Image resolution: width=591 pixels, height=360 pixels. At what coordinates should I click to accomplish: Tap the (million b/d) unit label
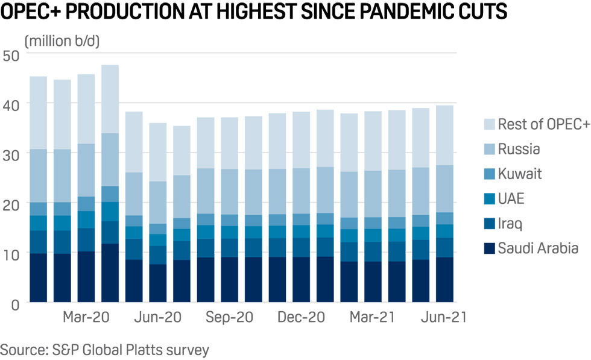point(62,42)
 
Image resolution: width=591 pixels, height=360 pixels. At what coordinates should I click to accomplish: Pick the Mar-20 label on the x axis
point(86,317)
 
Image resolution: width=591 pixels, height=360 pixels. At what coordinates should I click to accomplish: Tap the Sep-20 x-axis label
point(229,317)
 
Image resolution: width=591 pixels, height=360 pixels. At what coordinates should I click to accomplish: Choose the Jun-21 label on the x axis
point(443,317)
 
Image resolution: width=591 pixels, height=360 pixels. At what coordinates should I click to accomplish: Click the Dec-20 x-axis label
point(300,317)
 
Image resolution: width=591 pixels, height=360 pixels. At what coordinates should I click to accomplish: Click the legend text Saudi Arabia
point(538,248)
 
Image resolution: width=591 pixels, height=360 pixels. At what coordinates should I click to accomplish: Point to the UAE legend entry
point(511,199)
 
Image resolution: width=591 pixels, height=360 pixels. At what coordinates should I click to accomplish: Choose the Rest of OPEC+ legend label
point(543,125)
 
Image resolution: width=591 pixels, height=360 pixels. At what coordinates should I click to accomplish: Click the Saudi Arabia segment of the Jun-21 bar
point(444,279)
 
